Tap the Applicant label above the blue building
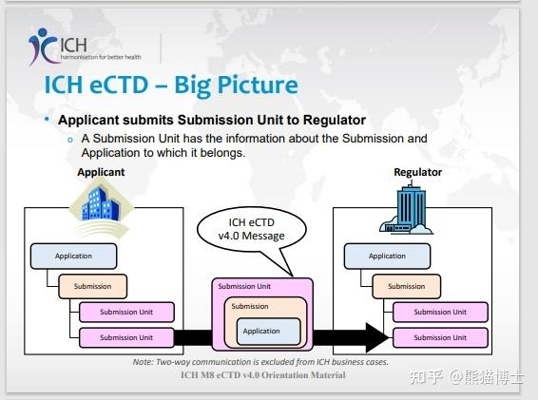(101, 172)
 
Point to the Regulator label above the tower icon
(417, 172)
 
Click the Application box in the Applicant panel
(74, 256)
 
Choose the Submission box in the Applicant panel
(92, 285)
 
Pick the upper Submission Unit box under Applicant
(125, 312)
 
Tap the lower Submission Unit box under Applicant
(125, 337)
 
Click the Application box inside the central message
(261, 331)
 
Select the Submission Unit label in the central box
(243, 286)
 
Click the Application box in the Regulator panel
(387, 256)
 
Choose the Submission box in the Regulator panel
(406, 285)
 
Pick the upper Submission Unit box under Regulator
(439, 312)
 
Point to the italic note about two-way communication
(261, 362)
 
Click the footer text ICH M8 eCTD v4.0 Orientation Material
(262, 374)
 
